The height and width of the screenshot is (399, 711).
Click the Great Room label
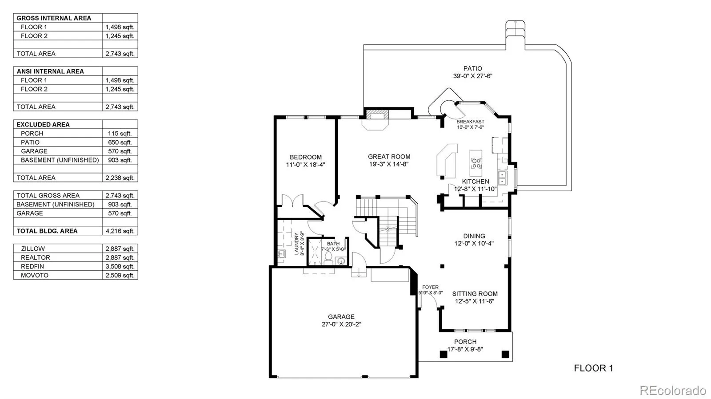tap(389, 157)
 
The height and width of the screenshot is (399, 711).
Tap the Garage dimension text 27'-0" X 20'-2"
tap(341, 324)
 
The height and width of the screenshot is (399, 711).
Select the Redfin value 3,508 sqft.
tap(120, 266)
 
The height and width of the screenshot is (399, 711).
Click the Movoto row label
tap(35, 275)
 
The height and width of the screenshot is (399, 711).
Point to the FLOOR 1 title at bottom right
tap(593, 368)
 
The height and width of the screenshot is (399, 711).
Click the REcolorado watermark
tap(673, 391)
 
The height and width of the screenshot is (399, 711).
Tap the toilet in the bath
tap(329, 257)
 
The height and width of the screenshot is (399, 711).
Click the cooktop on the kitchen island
tap(476, 163)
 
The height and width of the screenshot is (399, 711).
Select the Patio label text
tap(472, 68)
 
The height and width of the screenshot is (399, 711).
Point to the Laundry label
tap(297, 244)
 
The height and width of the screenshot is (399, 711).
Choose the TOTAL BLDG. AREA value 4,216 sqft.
tap(120, 231)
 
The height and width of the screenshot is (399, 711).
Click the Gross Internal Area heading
tap(54, 18)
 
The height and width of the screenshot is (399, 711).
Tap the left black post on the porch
tap(443, 354)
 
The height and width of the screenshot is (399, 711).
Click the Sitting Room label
tap(475, 294)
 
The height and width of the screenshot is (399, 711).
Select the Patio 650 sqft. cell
tap(120, 142)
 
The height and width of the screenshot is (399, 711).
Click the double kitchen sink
tap(502, 178)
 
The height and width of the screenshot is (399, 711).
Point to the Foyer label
tap(430, 287)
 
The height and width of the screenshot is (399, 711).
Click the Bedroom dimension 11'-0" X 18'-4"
tap(305, 165)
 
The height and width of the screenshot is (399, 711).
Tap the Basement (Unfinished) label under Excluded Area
tap(60, 160)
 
